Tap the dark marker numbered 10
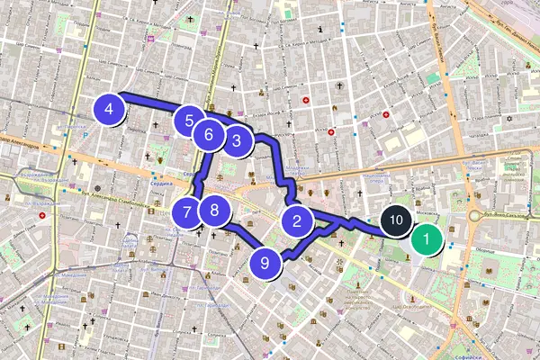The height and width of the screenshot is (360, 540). coord(395,220)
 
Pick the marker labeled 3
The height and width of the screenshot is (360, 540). coord(236,140)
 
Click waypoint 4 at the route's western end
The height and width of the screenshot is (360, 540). coord(109,110)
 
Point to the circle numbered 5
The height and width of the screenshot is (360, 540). coord(188,121)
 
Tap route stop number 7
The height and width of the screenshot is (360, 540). coord(186,213)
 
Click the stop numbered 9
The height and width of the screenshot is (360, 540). coord(265,263)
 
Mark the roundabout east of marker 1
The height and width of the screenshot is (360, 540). coord(474,217)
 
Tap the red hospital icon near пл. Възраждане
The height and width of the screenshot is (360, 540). coord(41,216)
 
